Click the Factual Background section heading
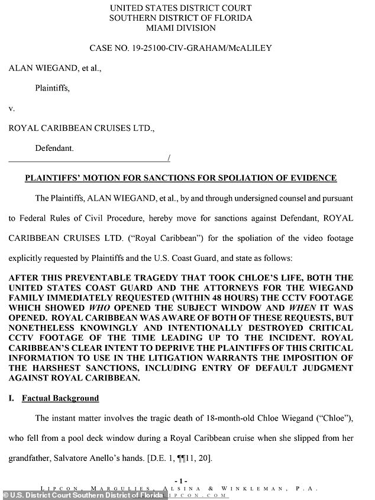(60, 398)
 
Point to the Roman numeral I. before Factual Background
(11, 398)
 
